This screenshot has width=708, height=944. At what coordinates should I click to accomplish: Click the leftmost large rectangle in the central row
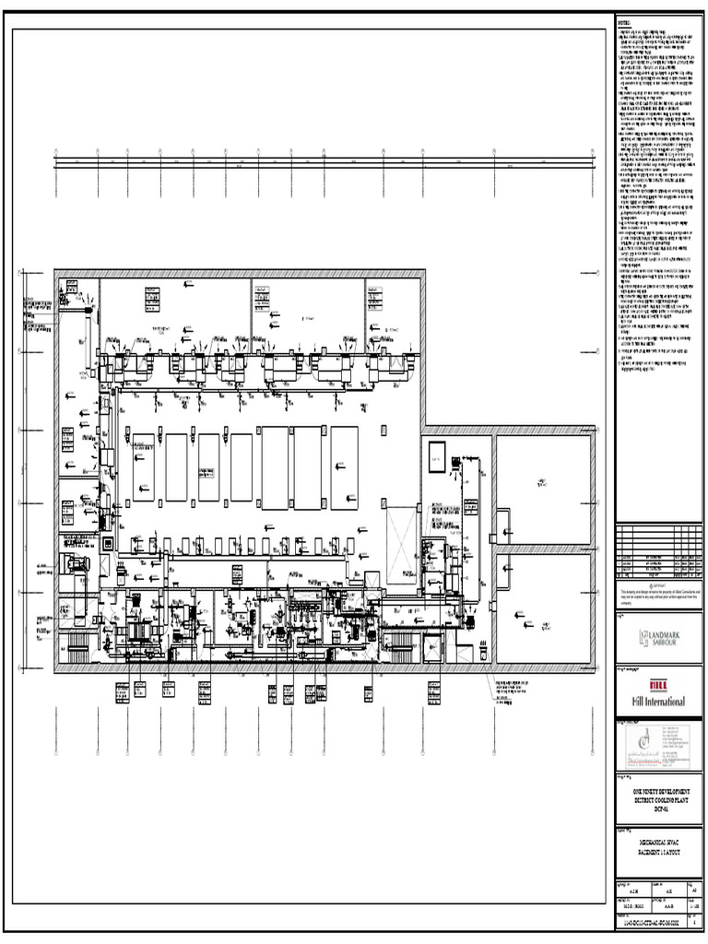coord(144,466)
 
